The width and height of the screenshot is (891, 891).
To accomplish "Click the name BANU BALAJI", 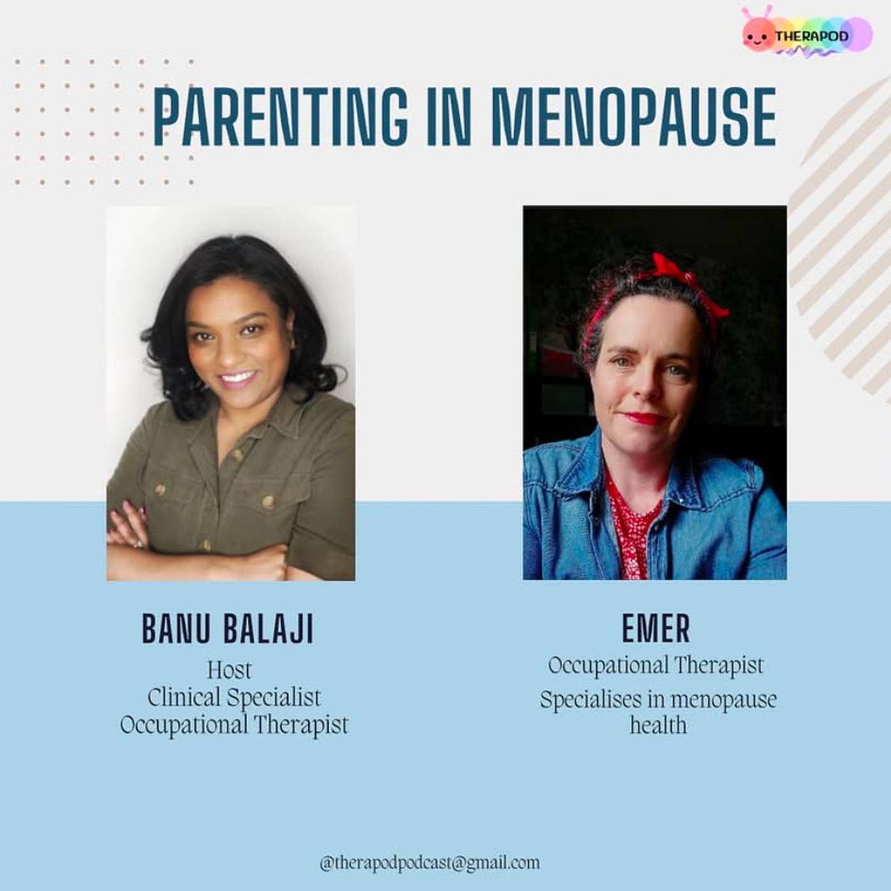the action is (227, 629).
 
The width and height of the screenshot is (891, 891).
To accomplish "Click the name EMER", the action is (656, 628).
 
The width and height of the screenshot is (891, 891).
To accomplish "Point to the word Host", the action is (229, 670).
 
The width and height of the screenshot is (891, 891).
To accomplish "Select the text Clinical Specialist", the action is (234, 698).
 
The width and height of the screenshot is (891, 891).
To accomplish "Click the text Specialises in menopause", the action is (659, 699).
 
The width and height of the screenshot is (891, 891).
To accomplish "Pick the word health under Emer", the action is (659, 725).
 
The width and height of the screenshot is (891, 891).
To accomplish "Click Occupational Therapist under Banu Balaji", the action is (234, 724).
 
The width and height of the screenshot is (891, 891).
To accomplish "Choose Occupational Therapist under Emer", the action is (656, 666).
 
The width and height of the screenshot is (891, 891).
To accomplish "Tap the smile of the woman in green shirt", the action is (237, 380).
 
